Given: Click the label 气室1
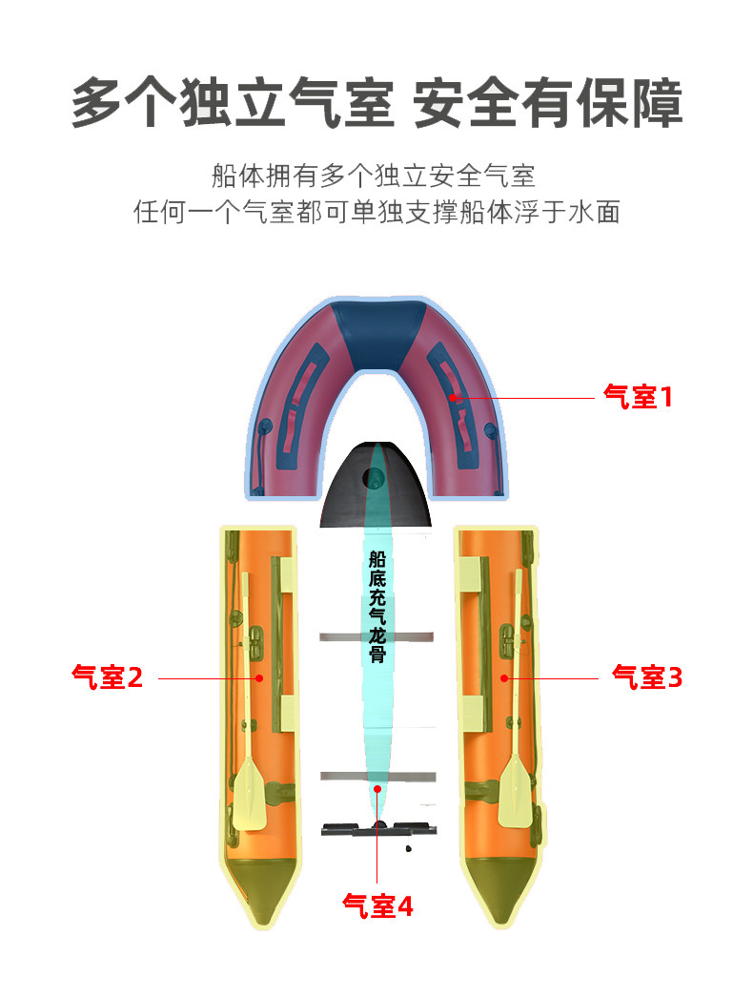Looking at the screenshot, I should pos(638,397).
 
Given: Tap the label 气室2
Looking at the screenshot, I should pos(107,677).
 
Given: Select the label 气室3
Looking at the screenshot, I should pos(647,677).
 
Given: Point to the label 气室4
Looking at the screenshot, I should pos(377,905).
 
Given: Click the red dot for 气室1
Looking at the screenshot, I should pos(456,397).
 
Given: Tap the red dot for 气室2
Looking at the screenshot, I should pos(259,677).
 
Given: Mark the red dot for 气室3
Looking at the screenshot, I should pos(504,677).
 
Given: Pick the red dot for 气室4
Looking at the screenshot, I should pos(378,789).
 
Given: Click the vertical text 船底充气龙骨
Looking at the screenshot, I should pos(377,607).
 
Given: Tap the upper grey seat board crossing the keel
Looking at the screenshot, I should pos(376,636).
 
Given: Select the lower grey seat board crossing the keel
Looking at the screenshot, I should pos(376,774).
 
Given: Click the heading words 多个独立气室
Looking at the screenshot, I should pos(232,104).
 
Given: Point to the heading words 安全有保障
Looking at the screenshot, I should pos(548,104).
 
